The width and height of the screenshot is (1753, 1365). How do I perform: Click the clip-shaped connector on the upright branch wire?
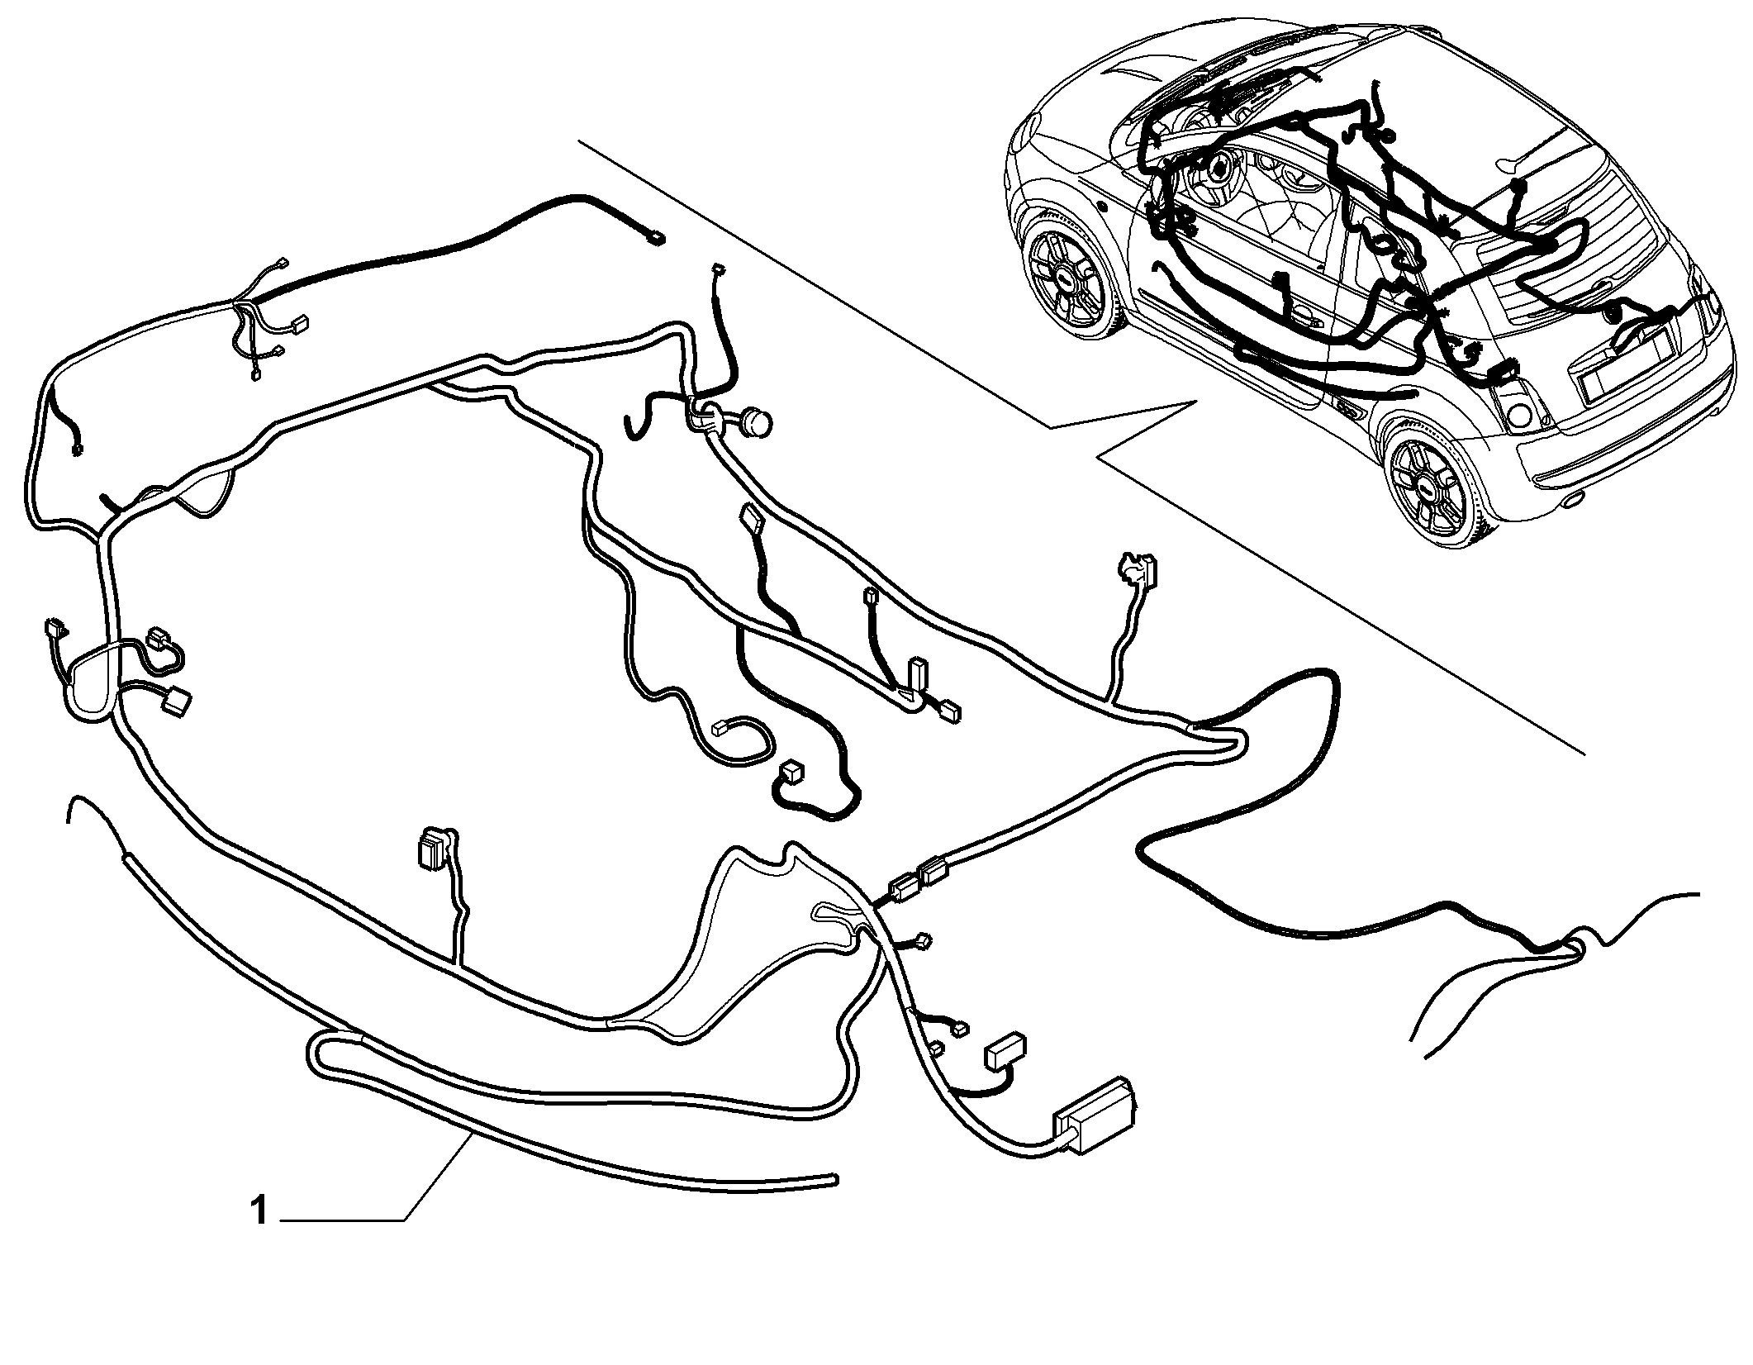point(1139,568)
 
